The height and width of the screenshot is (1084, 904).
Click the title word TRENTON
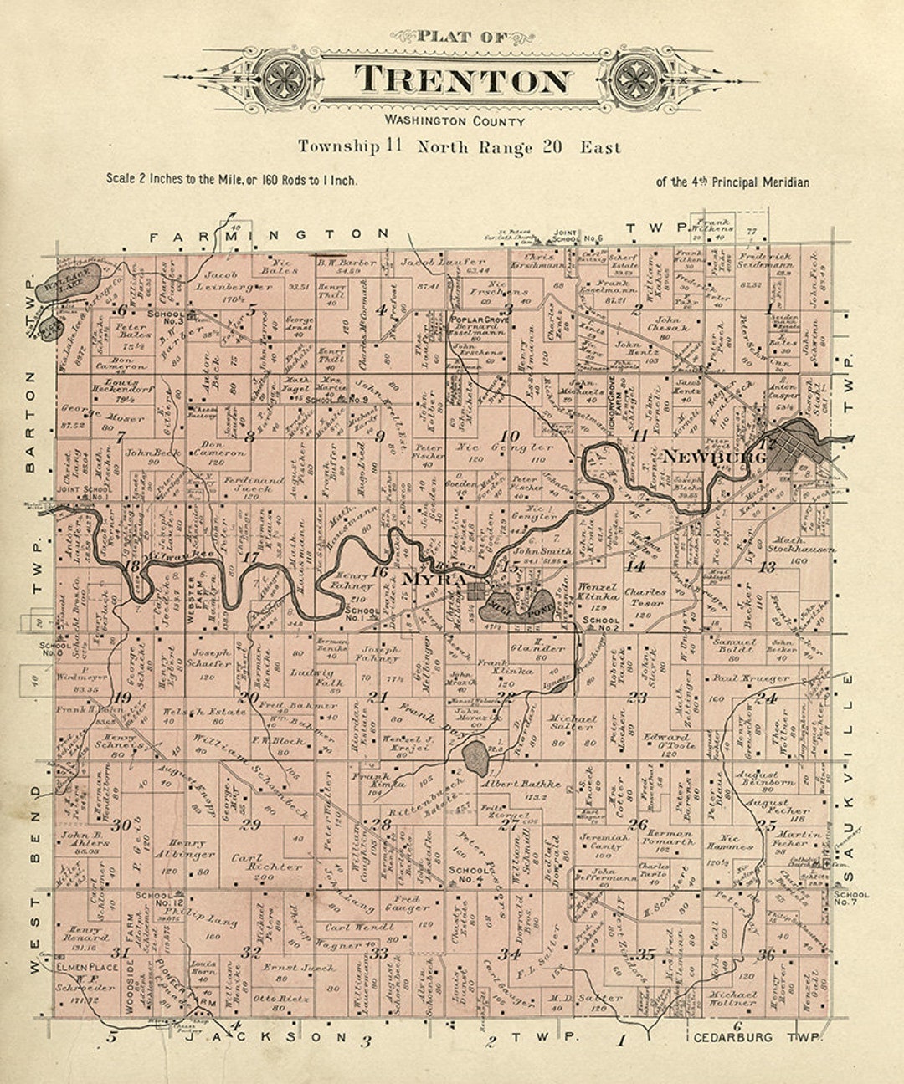pos(463,80)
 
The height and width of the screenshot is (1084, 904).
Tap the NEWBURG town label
pos(715,458)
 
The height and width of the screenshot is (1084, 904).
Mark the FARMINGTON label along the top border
pos(270,236)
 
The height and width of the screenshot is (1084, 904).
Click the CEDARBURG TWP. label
pos(758,1038)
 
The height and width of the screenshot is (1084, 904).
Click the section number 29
pos(250,824)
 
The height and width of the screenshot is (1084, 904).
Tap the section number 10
pos(509,436)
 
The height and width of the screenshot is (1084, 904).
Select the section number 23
pos(638,697)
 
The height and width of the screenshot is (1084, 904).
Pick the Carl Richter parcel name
pos(266,862)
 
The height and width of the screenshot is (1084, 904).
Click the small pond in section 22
pos(475,757)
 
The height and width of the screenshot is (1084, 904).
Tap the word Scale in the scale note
pos(121,179)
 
